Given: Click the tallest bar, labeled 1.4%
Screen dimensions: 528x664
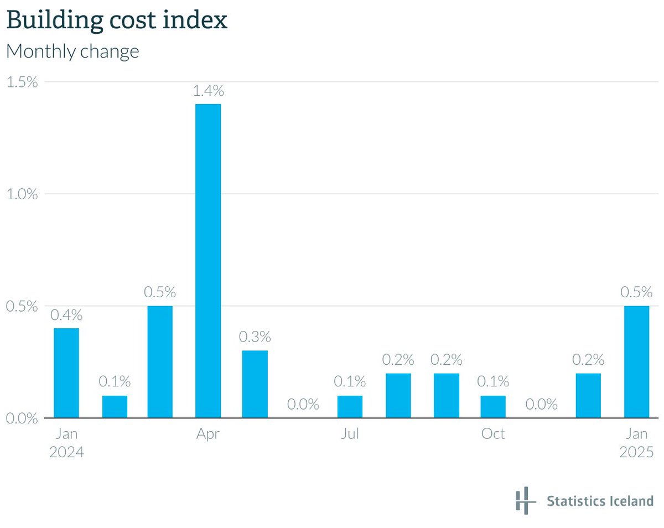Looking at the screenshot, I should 208,260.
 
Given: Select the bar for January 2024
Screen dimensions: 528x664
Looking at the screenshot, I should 66,372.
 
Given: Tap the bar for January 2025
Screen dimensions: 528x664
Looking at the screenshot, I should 636,361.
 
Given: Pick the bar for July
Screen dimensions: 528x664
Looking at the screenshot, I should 350,406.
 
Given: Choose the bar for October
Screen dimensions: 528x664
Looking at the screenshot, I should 492,406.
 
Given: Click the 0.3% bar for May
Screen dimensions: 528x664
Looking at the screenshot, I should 255,384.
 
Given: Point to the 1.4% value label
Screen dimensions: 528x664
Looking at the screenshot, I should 208,91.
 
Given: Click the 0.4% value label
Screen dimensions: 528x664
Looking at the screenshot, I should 66,315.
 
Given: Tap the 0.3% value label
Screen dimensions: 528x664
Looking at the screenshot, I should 255,337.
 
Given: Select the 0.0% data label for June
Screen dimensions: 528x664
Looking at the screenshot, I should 303,405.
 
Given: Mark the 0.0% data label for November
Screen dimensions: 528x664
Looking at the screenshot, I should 541,405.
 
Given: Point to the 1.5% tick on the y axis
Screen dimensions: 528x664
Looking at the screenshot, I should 22,82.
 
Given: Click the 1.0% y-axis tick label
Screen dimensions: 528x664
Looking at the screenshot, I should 22,194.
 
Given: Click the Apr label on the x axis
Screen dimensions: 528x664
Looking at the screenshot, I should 208,434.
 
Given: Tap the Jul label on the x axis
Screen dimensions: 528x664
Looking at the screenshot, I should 350,434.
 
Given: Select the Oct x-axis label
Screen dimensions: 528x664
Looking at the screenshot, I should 492,434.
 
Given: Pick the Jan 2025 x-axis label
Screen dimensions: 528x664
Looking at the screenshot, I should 636,443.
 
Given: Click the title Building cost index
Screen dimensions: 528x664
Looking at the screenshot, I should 116,20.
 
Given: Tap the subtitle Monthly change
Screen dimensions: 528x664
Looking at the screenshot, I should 72,51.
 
